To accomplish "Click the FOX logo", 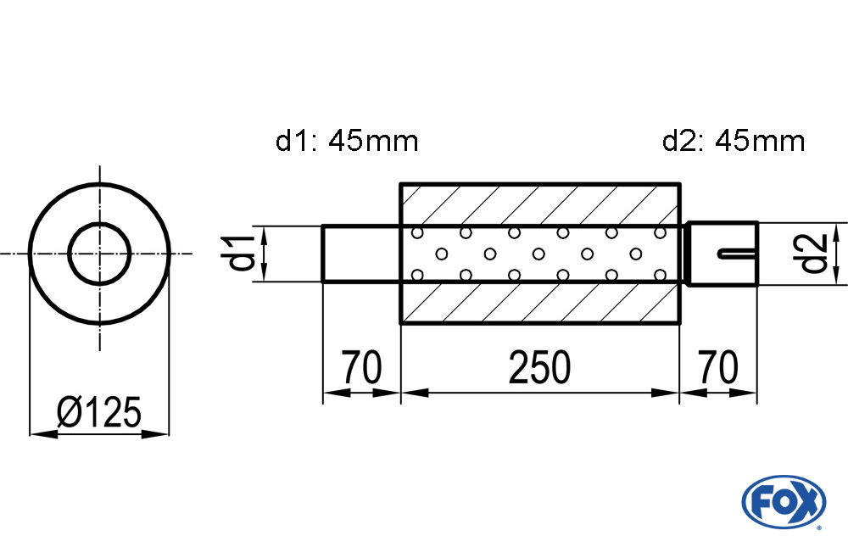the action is coord(784,501).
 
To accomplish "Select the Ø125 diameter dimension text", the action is coord(99,412).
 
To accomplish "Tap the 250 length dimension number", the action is coord(539,367).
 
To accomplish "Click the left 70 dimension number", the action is coord(361,367).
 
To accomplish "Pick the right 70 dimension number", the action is coord(717,367).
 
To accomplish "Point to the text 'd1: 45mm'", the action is coord(347,142).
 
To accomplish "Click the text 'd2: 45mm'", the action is coord(734,142).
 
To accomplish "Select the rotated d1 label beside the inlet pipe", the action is coord(240,254).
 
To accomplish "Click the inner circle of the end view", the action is coord(99,254).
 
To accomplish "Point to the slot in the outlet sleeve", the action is coord(738,253).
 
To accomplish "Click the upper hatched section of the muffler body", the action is coord(539,204).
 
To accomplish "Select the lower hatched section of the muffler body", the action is coord(539,303).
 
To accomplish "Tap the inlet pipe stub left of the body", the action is coord(361,254).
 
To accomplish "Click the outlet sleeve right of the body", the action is coord(722,253).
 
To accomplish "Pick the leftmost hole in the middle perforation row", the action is coord(441,254).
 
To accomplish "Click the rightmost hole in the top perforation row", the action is coord(660,232).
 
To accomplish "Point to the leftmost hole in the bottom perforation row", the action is coord(417,275).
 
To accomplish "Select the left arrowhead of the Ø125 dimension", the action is coord(43,433).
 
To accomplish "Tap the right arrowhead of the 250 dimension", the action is coord(665,393).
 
